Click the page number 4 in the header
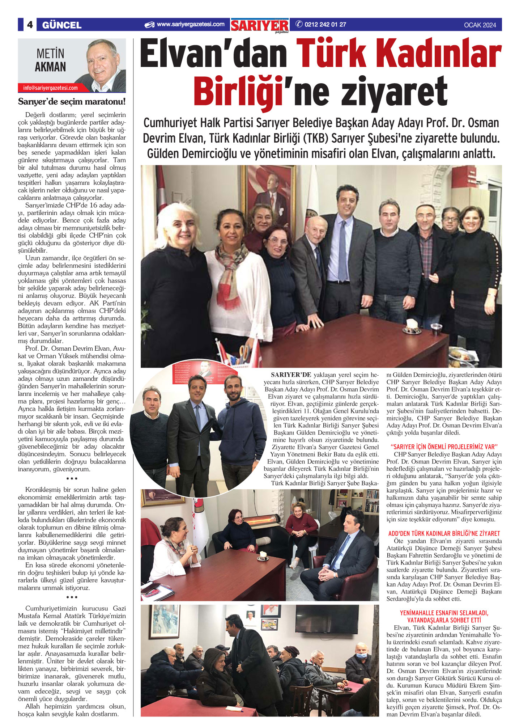(x=30, y=25)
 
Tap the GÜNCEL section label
(x=61, y=25)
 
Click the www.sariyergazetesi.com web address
(x=190, y=25)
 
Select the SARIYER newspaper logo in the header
(x=260, y=25)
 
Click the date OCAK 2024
(x=480, y=25)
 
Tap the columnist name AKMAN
(x=50, y=67)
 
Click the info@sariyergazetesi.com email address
(x=50, y=88)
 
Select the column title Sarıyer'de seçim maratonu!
(x=72, y=102)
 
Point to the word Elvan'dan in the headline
(x=214, y=55)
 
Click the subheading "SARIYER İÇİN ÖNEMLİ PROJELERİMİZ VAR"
(x=444, y=447)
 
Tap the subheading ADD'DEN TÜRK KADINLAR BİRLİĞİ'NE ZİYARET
(x=444, y=533)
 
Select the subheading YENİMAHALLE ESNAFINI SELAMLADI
(x=444, y=613)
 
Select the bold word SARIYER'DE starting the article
(x=291, y=375)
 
